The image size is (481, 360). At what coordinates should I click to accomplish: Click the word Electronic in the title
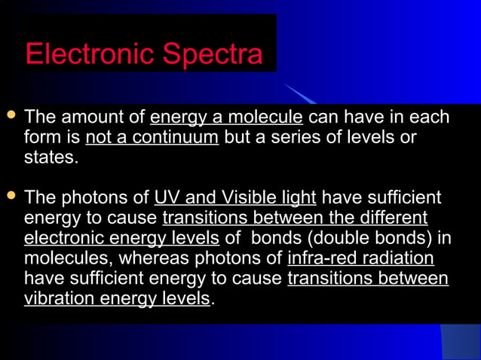pyautogui.click(x=90, y=54)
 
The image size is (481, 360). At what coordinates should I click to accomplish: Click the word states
pyautogui.click(x=51, y=158)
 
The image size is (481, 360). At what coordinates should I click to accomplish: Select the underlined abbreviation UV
pyautogui.click(x=167, y=198)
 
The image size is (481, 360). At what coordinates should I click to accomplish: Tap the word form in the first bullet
pyautogui.click(x=41, y=138)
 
